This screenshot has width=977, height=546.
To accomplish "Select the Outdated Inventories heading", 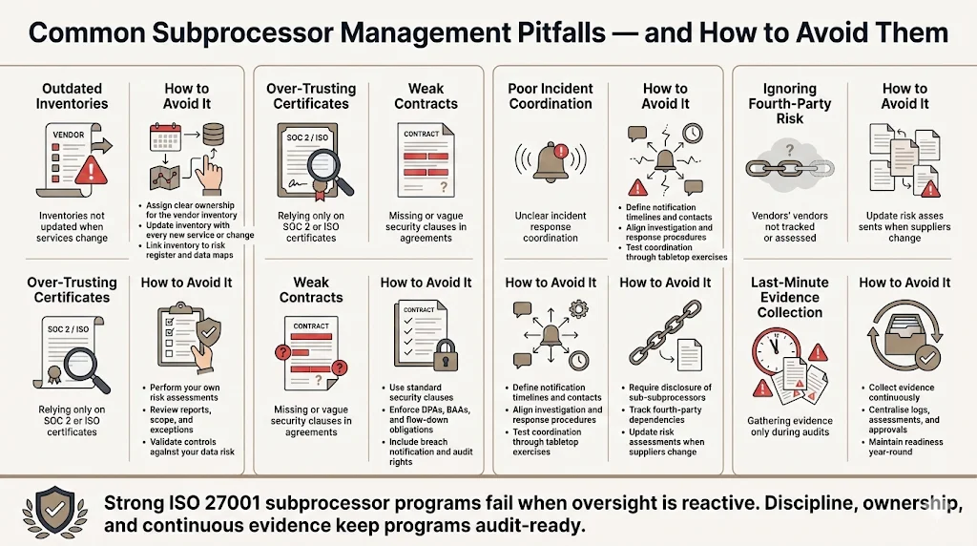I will click(73, 95).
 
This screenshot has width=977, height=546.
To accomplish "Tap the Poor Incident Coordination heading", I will click(551, 95).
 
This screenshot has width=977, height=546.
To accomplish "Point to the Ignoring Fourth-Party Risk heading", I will click(790, 103).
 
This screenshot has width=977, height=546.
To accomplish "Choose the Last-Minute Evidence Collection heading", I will click(790, 297).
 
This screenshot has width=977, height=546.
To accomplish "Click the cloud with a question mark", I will click(790, 149).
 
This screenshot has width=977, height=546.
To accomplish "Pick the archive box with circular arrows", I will click(904, 341).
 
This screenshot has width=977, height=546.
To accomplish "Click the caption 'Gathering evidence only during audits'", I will click(789, 427).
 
